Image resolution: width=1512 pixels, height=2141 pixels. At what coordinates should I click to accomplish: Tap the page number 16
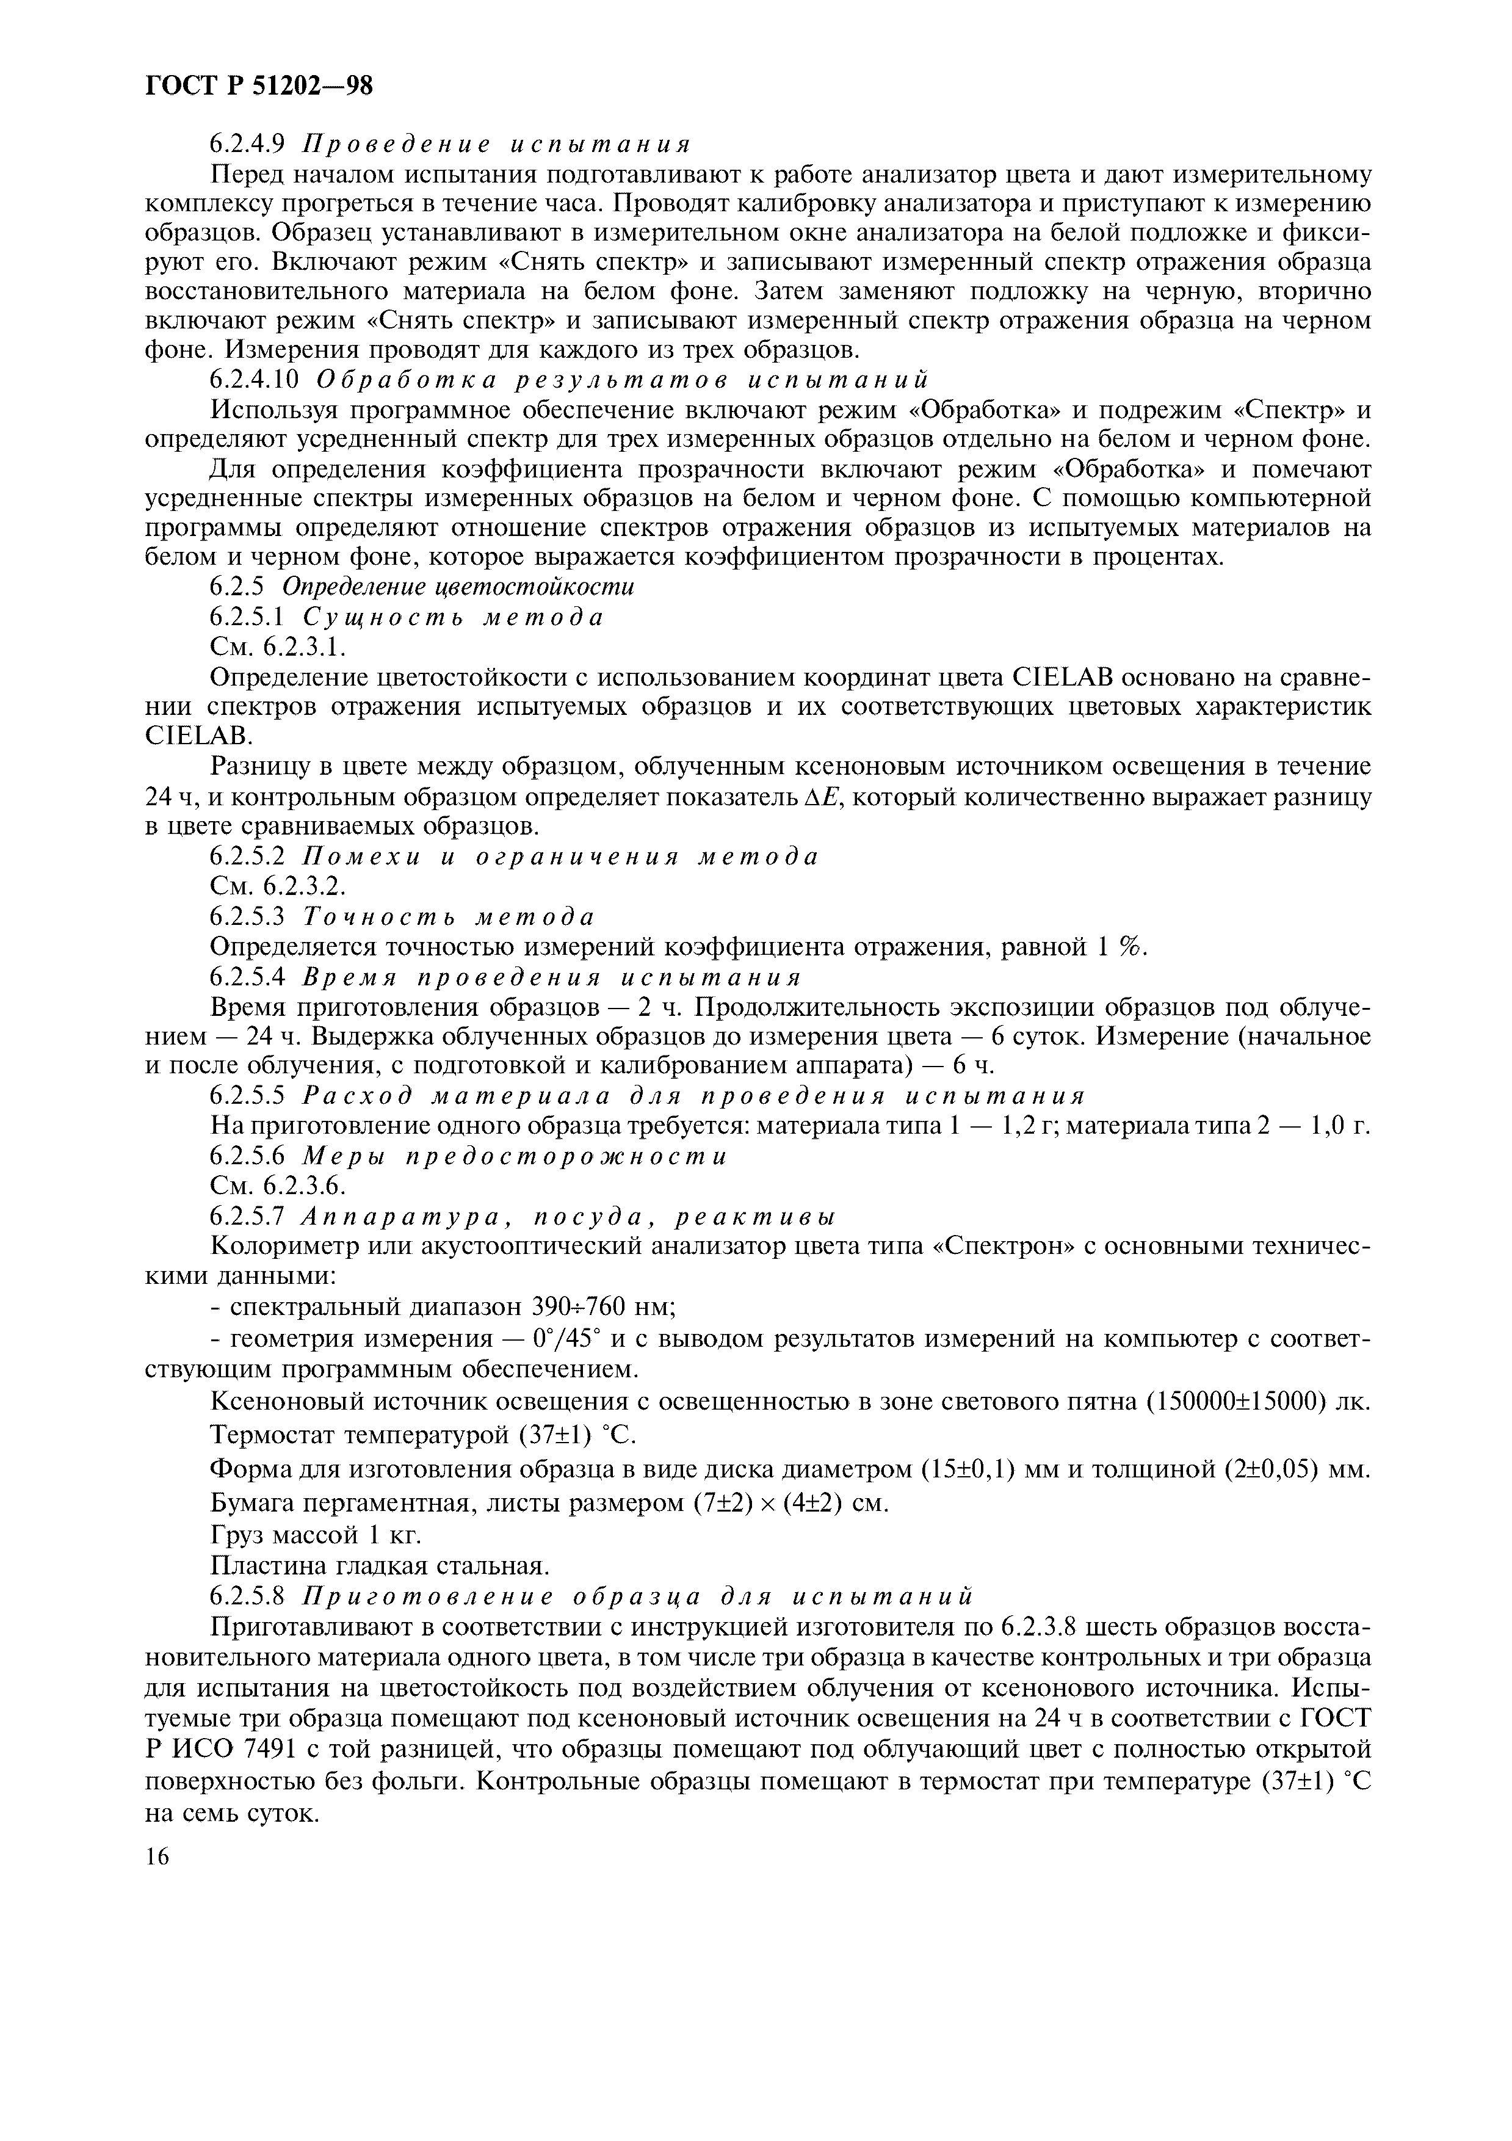click(159, 1857)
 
